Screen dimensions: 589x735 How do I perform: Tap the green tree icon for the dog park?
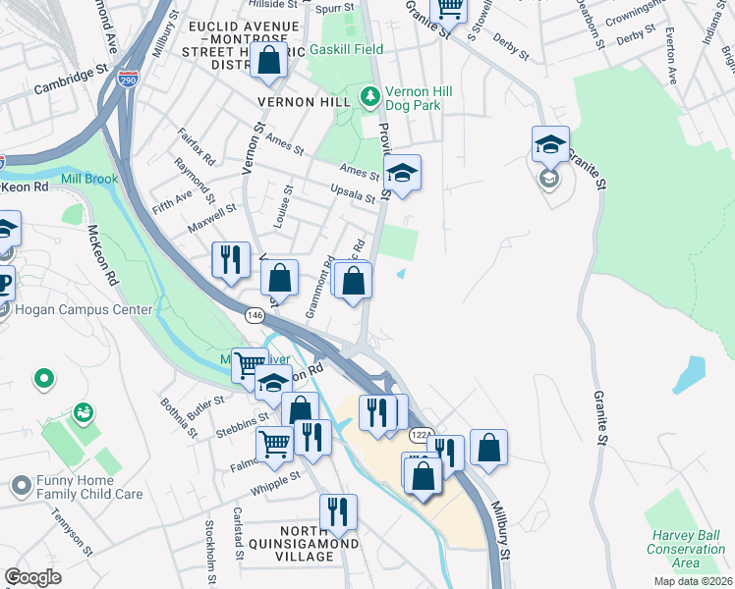[x=370, y=96]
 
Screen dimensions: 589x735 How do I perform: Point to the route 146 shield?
[x=254, y=314]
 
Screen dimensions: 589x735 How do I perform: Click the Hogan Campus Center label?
[x=84, y=310]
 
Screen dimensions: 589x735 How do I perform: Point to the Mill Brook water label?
[x=89, y=179]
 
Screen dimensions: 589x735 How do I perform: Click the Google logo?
[x=33, y=577]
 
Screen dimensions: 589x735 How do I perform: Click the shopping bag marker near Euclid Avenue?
[x=268, y=61]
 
